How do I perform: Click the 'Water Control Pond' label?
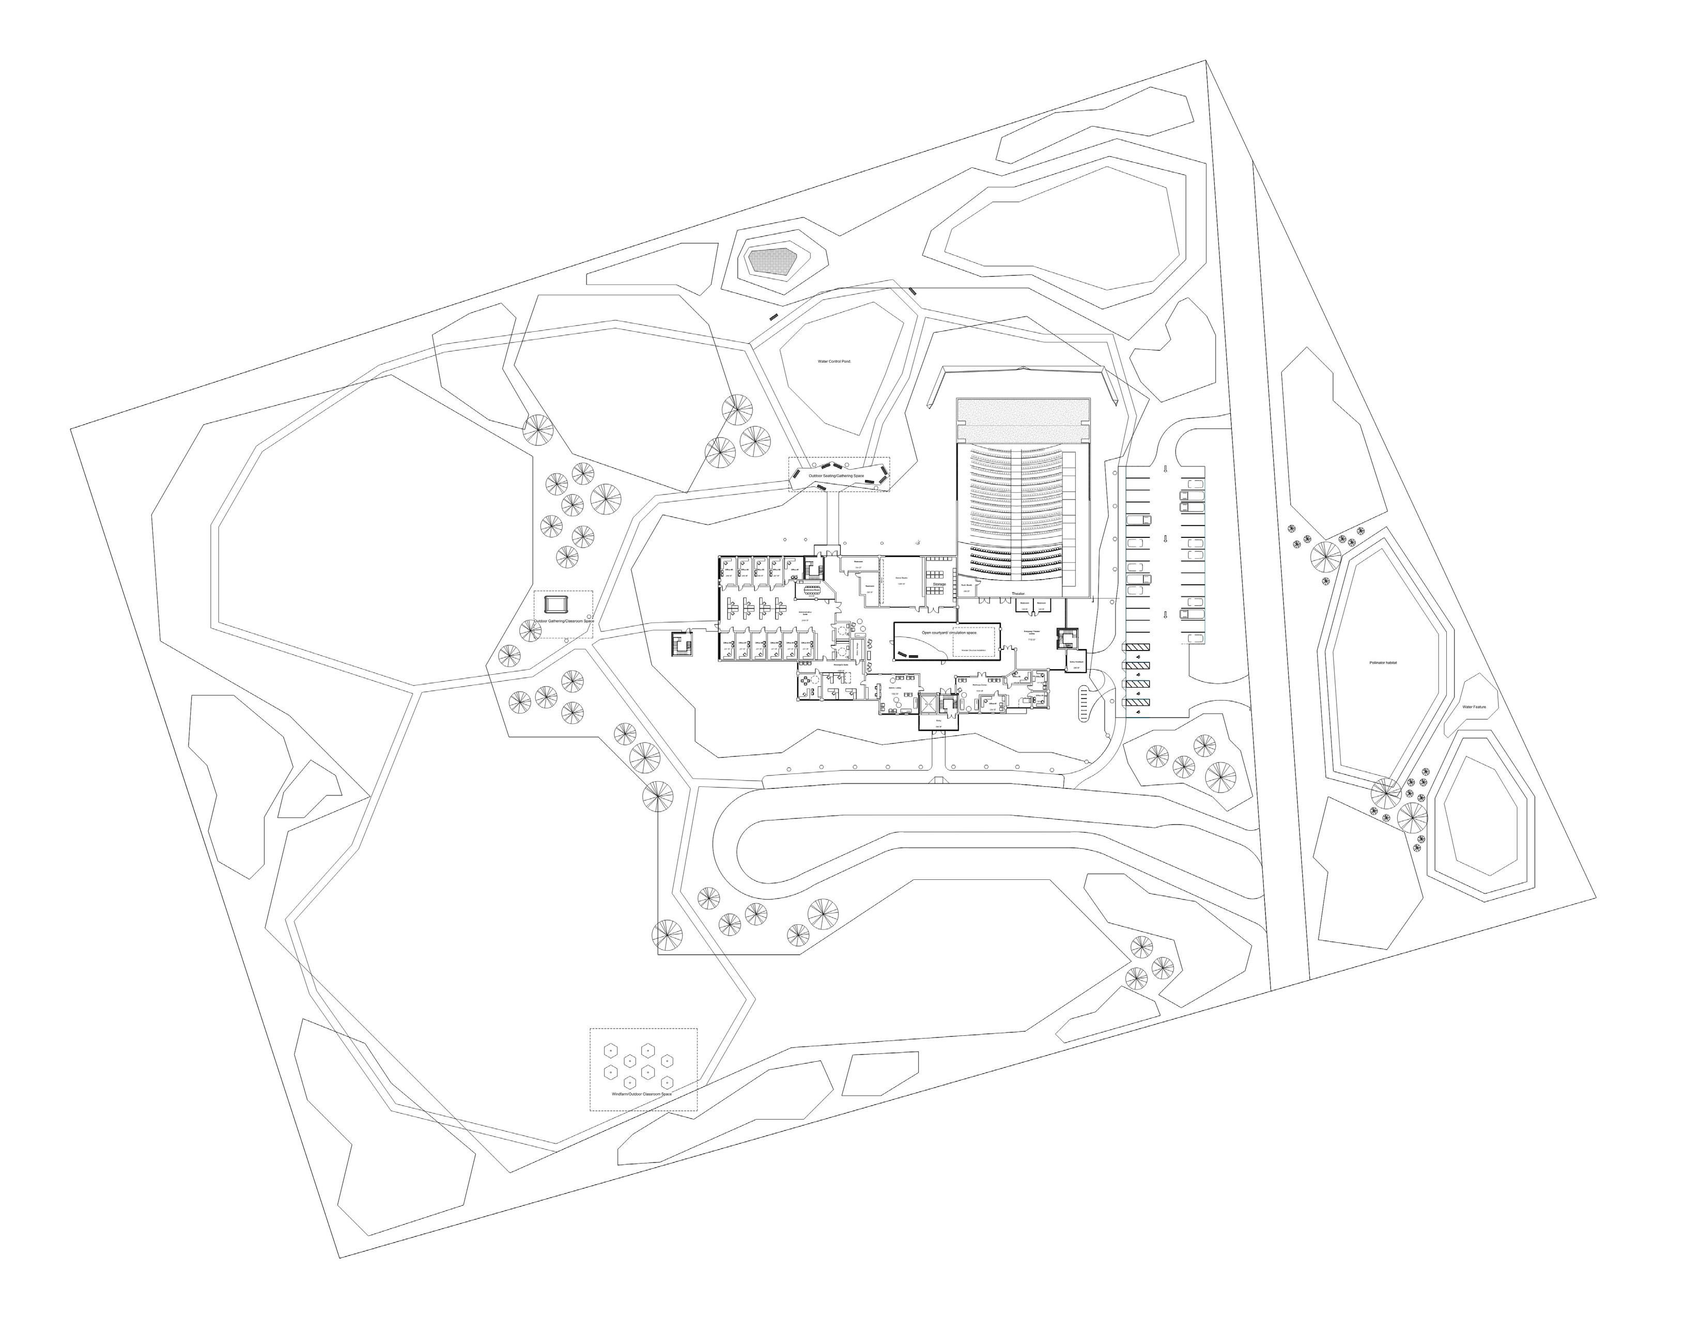pos(834,361)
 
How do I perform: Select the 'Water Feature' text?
pos(1473,706)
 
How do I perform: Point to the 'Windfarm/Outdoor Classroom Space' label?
pos(642,1094)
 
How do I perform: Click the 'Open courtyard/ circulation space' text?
pos(949,632)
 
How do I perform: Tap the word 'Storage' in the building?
pos(939,584)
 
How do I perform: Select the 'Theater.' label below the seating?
pos(1017,594)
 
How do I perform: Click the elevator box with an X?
pos(927,704)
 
